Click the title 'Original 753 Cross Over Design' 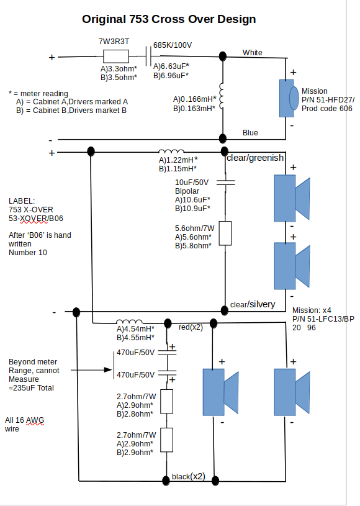click(169, 19)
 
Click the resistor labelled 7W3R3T click(116, 56)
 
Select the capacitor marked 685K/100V click(148, 56)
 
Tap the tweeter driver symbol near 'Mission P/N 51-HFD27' click(289, 99)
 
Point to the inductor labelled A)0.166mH click(222, 97)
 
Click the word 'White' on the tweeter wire click(252, 53)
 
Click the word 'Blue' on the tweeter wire click(250, 133)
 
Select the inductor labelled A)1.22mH click(171, 151)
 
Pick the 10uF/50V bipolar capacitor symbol click(225, 183)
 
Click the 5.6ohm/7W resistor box click(225, 233)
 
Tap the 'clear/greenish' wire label click(255, 158)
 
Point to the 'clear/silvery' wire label click(253, 304)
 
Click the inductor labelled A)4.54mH click(129, 322)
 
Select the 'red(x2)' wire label click(191, 327)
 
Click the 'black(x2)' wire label click(189, 477)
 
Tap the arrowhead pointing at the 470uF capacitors click(109, 370)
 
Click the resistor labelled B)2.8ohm click(166, 402)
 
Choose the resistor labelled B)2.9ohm click(166, 440)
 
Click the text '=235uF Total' click(31, 388)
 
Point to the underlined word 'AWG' click(35, 420)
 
